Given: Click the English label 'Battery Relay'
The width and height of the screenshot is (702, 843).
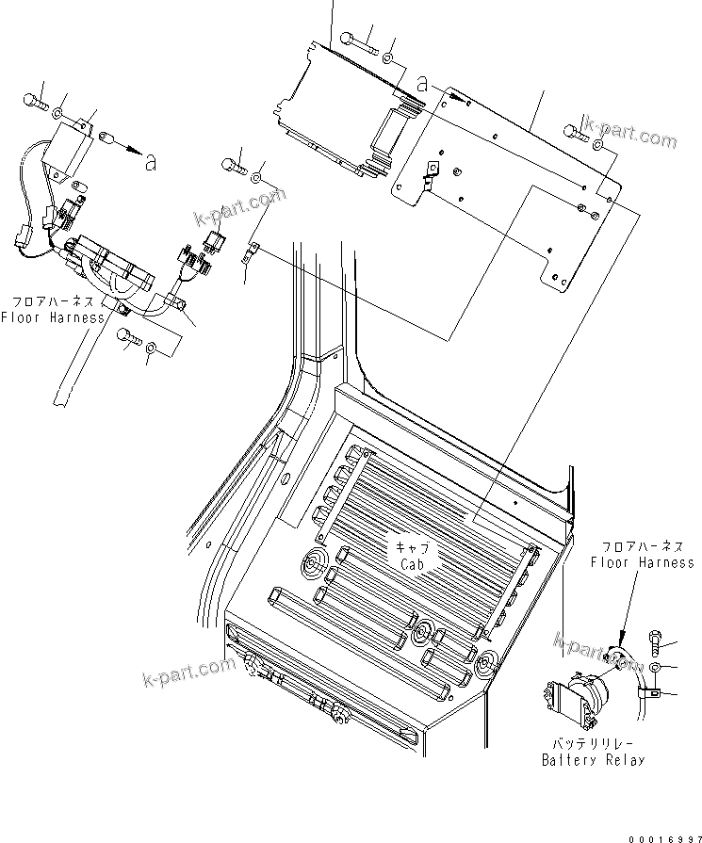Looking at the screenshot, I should tap(593, 760).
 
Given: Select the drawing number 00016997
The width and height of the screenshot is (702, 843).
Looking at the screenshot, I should tap(655, 834).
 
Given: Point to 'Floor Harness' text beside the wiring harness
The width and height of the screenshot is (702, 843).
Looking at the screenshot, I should tap(52, 317).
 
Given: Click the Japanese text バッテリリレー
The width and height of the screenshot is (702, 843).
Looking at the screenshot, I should tap(593, 744).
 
